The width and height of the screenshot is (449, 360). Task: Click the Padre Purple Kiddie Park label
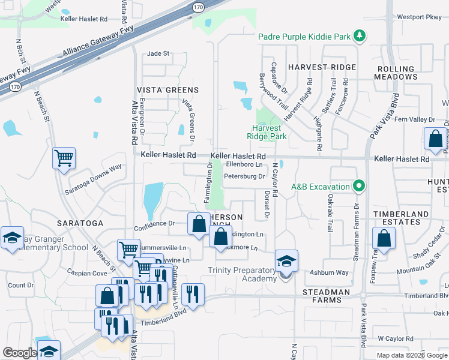click(304, 37)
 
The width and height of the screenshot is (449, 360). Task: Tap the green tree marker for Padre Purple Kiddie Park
click(360, 37)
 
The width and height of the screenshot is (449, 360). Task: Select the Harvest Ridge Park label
click(267, 132)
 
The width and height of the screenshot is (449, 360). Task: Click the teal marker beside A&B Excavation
click(358, 186)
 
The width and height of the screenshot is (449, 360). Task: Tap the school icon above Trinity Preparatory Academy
click(286, 261)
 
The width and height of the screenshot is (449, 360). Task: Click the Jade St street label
click(158, 53)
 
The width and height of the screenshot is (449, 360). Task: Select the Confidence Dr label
click(154, 223)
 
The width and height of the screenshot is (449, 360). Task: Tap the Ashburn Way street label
click(329, 272)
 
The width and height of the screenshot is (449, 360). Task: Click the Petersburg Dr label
click(244, 176)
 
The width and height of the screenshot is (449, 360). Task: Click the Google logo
click(20, 353)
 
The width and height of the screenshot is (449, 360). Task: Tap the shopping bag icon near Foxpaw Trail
click(383, 238)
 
